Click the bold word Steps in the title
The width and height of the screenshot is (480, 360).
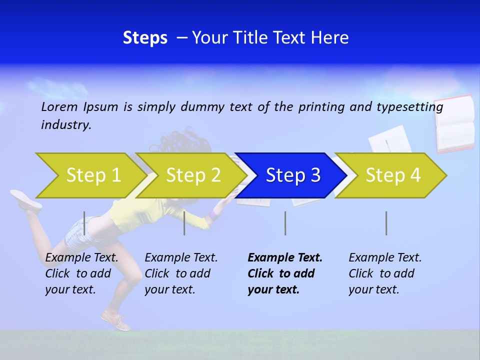coord(145,38)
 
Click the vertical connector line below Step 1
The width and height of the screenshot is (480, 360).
coord(84,223)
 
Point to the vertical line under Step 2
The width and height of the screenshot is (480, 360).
coord(184,223)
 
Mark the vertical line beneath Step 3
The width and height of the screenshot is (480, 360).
coord(285,223)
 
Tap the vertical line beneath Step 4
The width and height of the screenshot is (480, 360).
coord(386,223)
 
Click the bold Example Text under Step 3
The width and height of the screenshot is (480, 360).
coord(284,273)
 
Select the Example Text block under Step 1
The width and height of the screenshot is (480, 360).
coord(81,273)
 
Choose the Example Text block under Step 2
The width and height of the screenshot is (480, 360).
coord(181,273)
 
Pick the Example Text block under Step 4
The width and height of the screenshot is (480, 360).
coord(384,273)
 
